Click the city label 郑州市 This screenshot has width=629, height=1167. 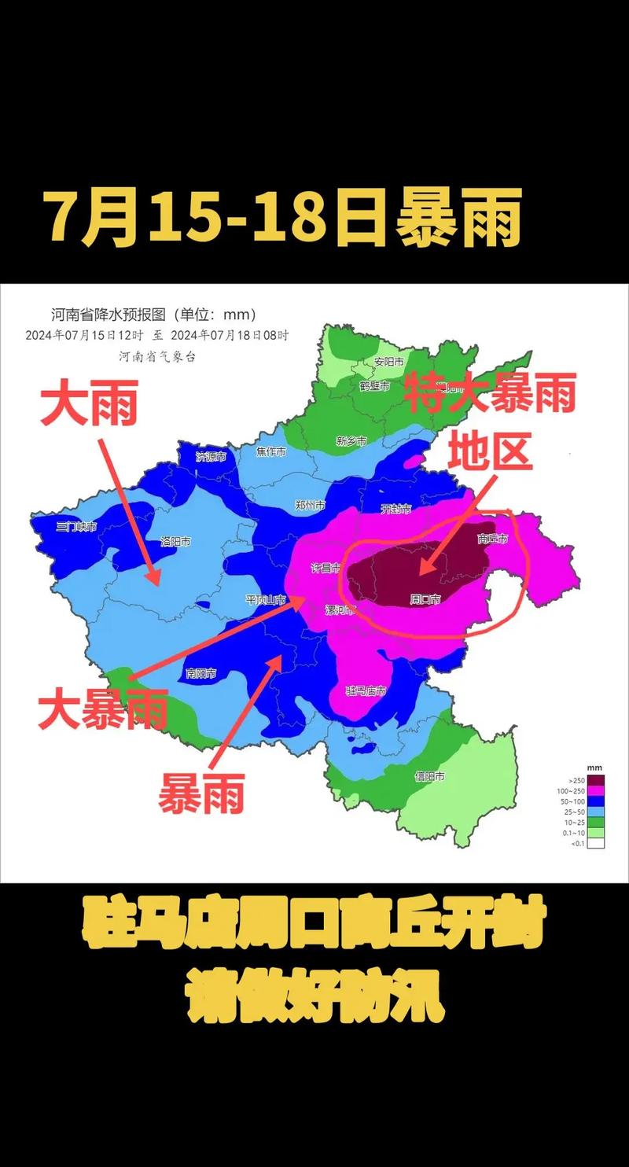point(310,506)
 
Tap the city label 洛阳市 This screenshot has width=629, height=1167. point(175,541)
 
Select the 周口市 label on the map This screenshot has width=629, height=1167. point(425,599)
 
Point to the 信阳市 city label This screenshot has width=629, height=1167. point(429,776)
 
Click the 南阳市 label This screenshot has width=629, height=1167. point(201,673)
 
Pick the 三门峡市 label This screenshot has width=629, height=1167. point(76,526)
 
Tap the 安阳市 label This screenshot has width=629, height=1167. point(388,362)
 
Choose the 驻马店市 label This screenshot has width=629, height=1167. point(366,690)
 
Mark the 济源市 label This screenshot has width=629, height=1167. point(211,457)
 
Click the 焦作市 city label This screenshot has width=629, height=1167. point(271,451)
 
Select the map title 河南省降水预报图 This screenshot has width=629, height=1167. point(109,315)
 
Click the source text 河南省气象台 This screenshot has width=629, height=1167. point(157,356)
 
